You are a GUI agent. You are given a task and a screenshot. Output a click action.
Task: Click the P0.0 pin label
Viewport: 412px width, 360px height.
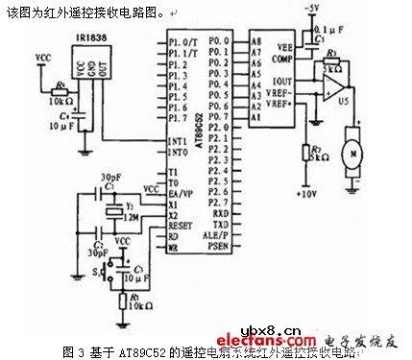219,43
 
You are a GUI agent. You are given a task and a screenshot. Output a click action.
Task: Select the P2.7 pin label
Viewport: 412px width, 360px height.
219,204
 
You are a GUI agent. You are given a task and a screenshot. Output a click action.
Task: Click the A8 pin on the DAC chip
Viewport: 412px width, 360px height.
255,43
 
